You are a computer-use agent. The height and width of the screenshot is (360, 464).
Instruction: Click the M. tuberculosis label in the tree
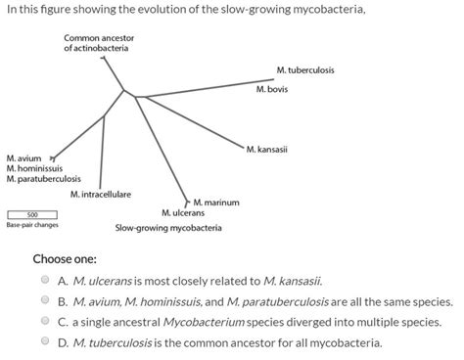tap(305, 70)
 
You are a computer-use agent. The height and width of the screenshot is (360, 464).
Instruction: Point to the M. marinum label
tap(216, 202)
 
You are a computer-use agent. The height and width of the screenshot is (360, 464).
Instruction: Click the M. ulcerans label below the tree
tap(183, 212)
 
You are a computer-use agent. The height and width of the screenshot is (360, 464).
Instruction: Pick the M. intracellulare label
tap(101, 195)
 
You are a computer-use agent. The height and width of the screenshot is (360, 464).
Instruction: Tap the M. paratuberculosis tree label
tap(43, 179)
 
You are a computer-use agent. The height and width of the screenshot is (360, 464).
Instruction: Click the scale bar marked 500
tap(31, 214)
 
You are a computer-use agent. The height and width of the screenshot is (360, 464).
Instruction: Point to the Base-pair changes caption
tap(32, 225)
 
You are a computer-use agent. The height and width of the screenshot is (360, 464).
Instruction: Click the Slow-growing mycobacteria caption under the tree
tap(168, 228)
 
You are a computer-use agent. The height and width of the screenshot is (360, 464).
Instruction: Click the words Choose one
tap(65, 259)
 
